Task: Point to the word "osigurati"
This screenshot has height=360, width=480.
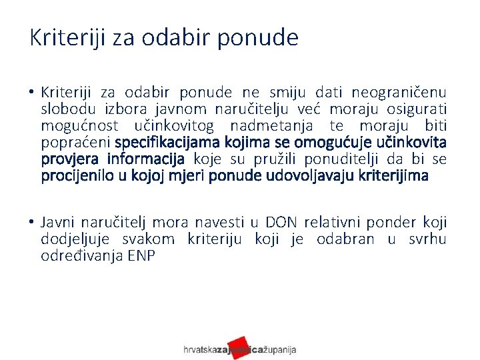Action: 418,109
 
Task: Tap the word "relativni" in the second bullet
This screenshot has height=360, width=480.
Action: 335,223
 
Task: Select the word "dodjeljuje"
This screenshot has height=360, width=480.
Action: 73,239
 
